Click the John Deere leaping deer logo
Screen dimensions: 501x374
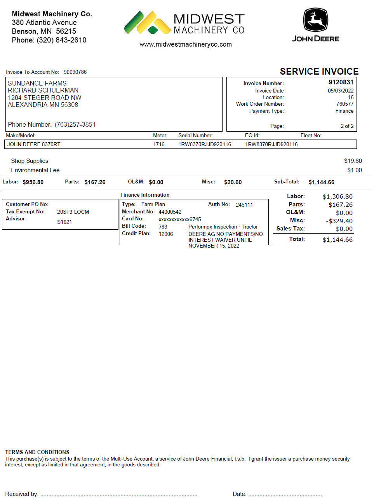pyautogui.click(x=315, y=20)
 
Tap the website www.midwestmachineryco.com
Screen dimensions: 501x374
pyautogui.click(x=186, y=44)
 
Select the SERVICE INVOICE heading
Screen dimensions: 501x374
pyautogui.click(x=319, y=72)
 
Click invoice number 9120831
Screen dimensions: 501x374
pyautogui.click(x=341, y=82)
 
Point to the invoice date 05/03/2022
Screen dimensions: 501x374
pyautogui.click(x=341, y=91)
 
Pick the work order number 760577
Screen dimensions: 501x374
pyautogui.click(x=345, y=104)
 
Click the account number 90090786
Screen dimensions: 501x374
pyautogui.click(x=75, y=72)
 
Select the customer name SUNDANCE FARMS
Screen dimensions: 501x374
pyautogui.click(x=37, y=83)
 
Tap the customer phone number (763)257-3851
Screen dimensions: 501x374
pyautogui.click(x=75, y=124)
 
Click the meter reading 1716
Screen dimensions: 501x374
pyautogui.click(x=159, y=144)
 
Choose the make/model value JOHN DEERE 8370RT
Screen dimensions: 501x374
pyautogui.click(x=34, y=144)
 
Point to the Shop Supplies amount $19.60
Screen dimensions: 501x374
pyautogui.click(x=353, y=161)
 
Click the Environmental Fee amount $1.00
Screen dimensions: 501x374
pyautogui.click(x=354, y=170)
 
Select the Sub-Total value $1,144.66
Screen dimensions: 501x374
pyautogui.click(x=321, y=182)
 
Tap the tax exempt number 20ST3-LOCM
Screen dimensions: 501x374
pyautogui.click(x=73, y=212)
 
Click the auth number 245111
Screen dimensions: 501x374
pyautogui.click(x=244, y=205)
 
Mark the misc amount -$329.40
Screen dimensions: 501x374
pyautogui.click(x=339, y=221)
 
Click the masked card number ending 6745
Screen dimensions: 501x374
pyautogui.click(x=180, y=219)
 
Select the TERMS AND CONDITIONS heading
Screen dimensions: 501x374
pyautogui.click(x=37, y=452)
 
